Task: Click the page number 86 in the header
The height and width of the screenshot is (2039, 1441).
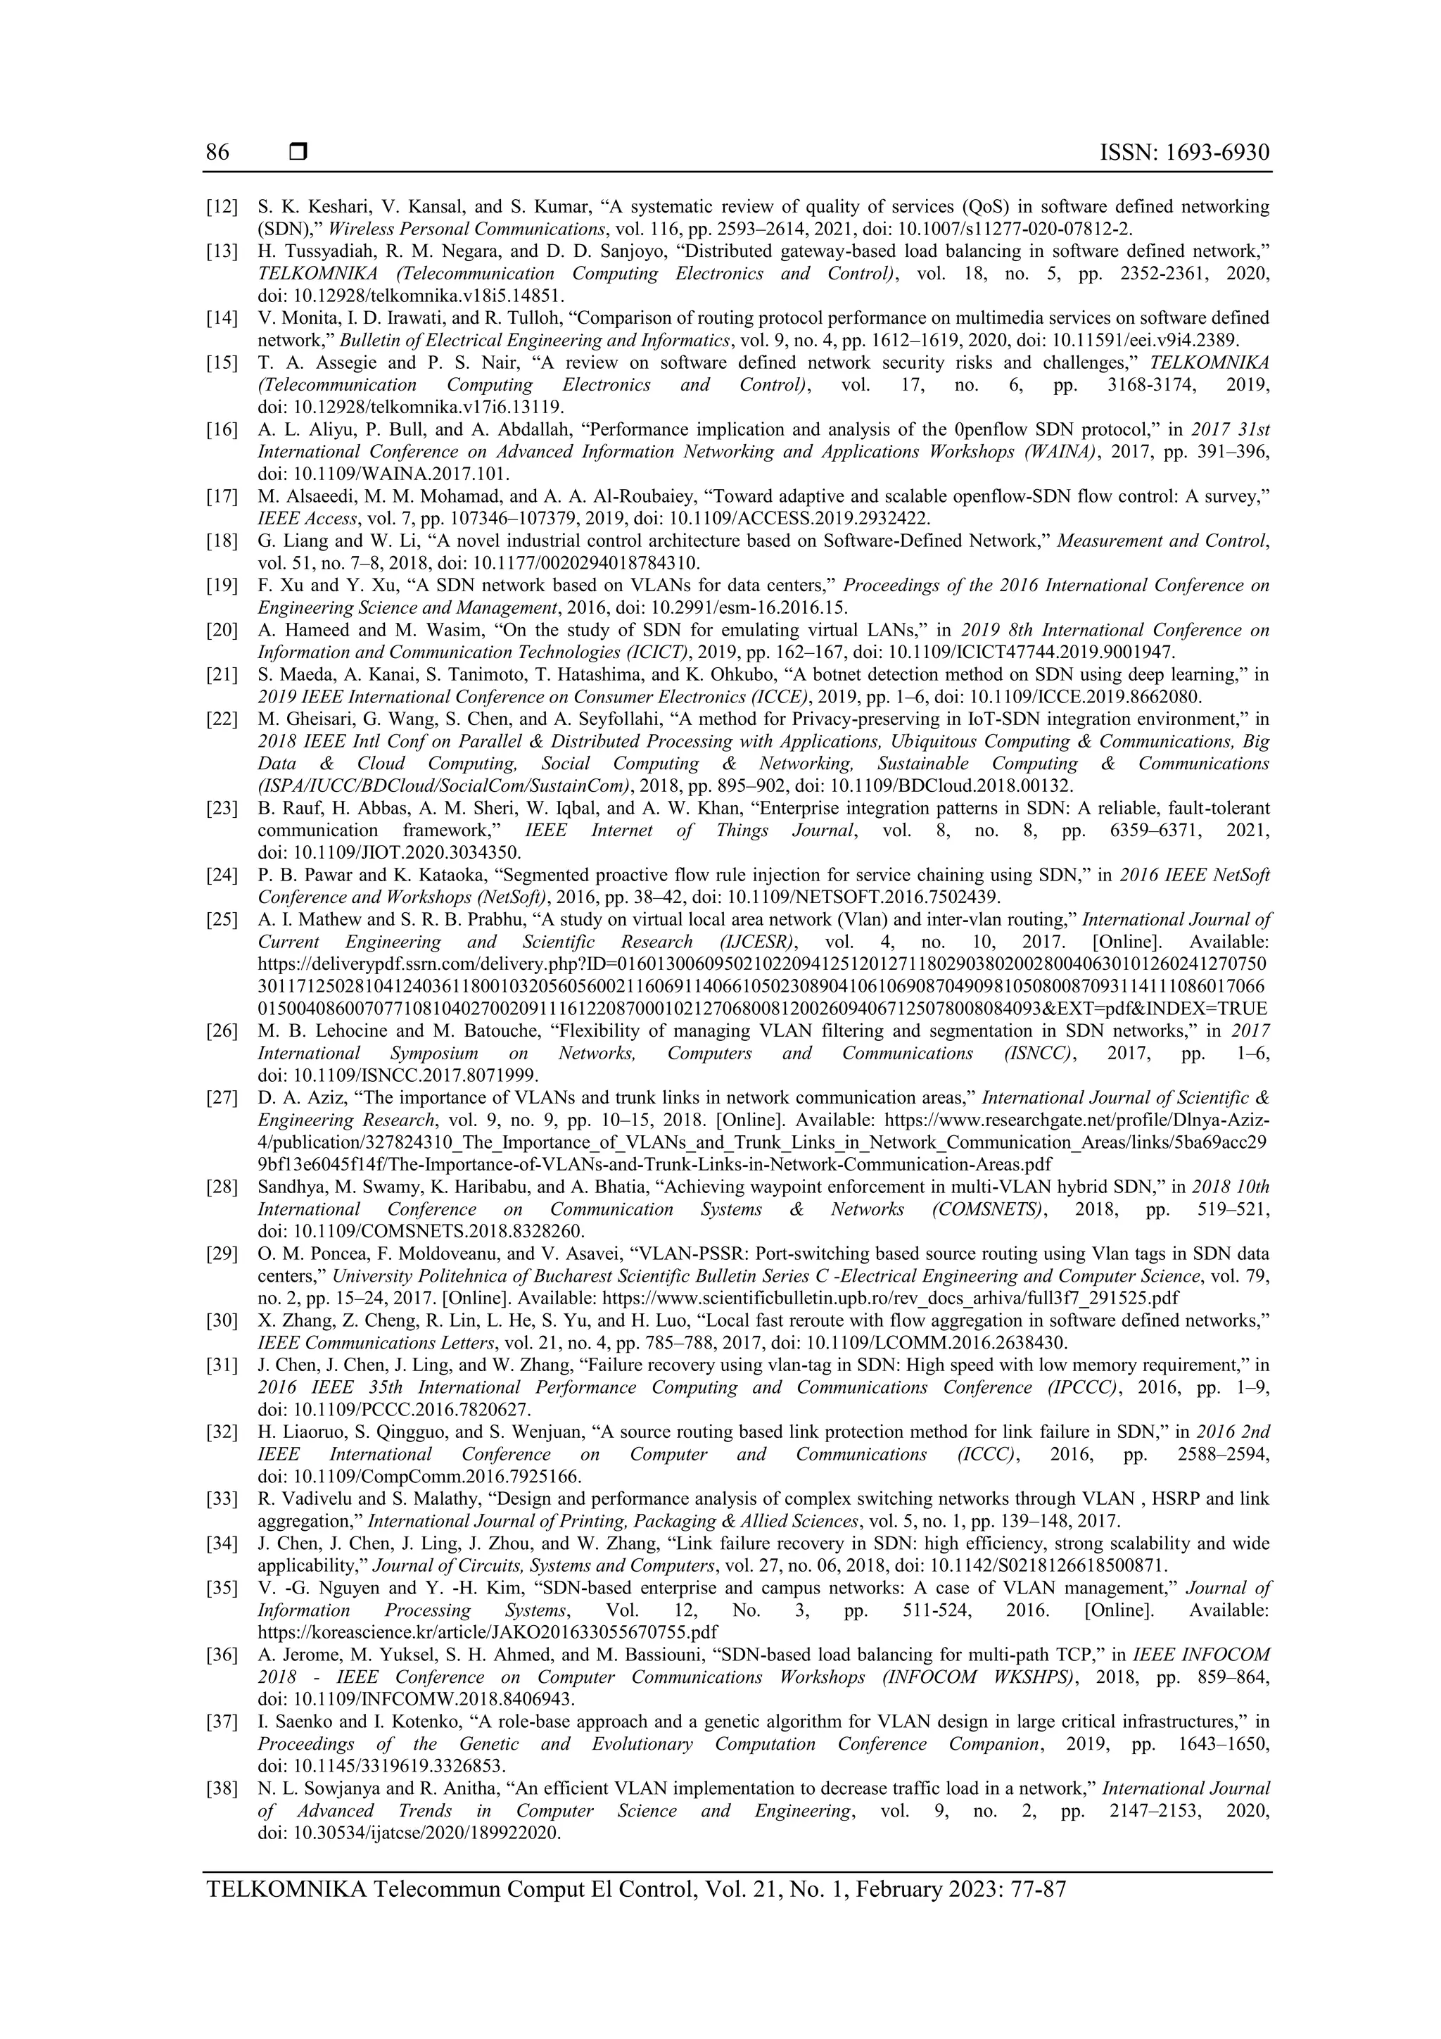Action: (217, 153)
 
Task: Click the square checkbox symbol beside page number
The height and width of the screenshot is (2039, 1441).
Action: (298, 153)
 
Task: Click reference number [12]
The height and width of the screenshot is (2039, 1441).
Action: (222, 207)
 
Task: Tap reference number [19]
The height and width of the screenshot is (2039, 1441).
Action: (222, 585)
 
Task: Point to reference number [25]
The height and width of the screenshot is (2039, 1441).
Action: (222, 919)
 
